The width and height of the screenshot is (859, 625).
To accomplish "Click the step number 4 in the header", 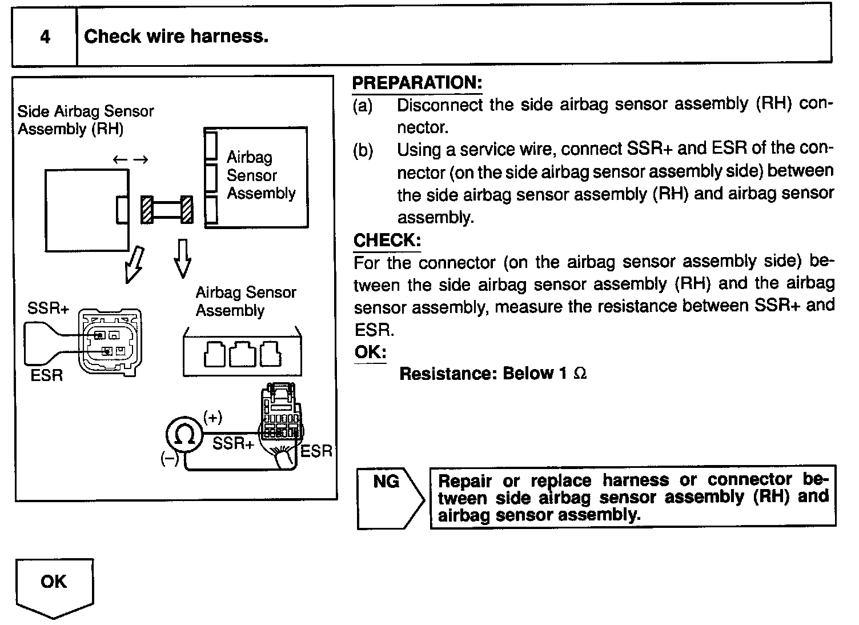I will click(45, 37).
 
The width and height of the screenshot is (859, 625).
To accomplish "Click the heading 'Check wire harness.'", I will click(176, 37).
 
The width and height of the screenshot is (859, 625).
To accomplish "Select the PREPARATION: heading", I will click(417, 83).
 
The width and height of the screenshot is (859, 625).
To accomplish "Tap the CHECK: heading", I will click(387, 241).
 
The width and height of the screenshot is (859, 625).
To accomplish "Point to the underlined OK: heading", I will click(370, 352).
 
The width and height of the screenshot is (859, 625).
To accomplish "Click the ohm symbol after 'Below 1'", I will click(580, 374).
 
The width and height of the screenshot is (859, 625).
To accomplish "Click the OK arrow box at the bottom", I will click(54, 586).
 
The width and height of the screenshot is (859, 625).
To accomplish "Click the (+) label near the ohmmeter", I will click(212, 417).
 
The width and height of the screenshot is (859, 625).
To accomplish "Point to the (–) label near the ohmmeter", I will click(169, 459).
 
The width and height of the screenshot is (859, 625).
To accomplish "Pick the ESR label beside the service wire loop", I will click(47, 376).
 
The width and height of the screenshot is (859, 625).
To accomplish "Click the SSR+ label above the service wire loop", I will click(48, 309).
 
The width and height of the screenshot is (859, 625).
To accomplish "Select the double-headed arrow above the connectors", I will click(130, 159).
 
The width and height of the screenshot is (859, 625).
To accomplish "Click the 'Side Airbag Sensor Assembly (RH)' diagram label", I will click(86, 119).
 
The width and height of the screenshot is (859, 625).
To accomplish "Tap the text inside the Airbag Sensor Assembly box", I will click(260, 175).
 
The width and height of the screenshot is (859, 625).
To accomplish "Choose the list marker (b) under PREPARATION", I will click(363, 151).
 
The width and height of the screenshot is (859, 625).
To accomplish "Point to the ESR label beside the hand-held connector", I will click(316, 451).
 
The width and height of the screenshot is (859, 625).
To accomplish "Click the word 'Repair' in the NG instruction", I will click(464, 481).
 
